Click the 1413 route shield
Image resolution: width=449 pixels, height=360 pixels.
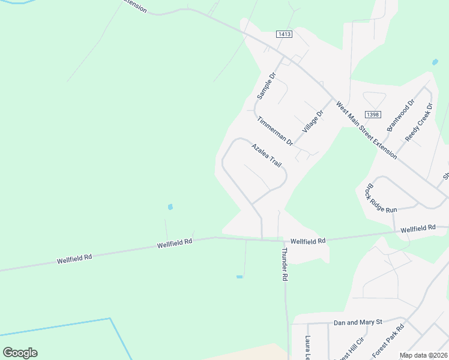pos(285,34)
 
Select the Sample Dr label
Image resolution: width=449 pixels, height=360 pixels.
pos(265,86)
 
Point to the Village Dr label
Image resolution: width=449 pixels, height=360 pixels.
pos(313,121)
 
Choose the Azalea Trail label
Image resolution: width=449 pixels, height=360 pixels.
pos(266,155)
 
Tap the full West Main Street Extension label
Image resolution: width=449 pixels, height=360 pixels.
pos(366,130)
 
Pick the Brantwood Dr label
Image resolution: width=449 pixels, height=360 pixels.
pos(400,116)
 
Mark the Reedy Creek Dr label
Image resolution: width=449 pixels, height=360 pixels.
pos(419,122)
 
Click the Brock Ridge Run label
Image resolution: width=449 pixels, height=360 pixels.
pos(381,198)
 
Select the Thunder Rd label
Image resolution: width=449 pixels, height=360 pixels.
pos(285,265)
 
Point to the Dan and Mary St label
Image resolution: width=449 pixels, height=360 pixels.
pos(358,323)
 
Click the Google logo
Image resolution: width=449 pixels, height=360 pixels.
pos(20,353)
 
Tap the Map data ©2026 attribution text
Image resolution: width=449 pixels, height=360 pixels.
pos(423,355)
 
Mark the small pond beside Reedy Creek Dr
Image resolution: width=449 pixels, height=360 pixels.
pos(434,62)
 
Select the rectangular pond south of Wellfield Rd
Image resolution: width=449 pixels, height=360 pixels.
pos(240,277)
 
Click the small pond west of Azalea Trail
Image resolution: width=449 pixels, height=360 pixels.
pos(170,207)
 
